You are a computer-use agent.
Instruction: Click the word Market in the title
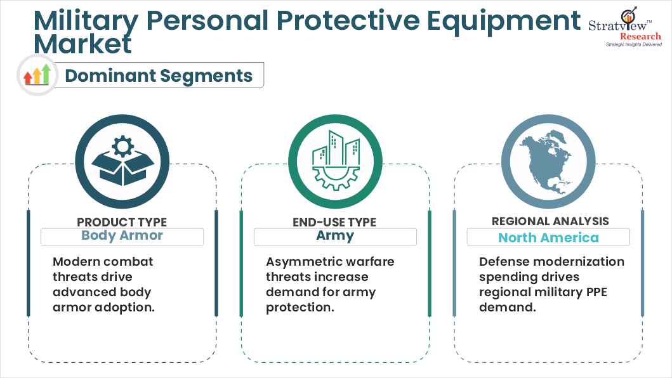coord(83,44)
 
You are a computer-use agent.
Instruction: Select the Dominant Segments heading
coord(159,75)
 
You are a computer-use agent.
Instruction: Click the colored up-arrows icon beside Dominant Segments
coord(37,75)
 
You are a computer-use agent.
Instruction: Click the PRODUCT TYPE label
coord(122,222)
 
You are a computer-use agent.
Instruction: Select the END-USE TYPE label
coord(335,222)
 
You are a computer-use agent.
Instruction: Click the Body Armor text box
coord(122,236)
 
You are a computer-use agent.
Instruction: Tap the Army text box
coord(335,236)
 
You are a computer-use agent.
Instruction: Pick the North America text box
coord(548,237)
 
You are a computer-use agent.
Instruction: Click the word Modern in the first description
coord(77,261)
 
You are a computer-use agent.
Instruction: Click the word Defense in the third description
coord(504,261)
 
